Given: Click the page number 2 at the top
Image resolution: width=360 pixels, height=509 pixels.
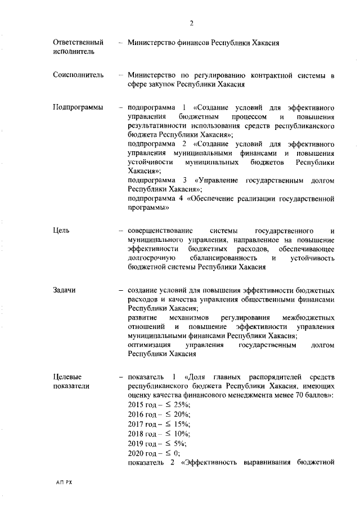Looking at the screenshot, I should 191,23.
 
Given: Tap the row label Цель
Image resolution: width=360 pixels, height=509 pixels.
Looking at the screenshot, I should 61,231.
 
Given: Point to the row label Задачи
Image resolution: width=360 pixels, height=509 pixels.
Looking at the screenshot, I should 65,290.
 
